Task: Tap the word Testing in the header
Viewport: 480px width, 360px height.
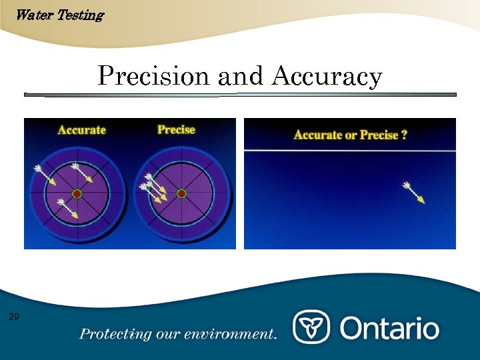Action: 81,15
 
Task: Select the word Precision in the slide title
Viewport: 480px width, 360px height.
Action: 153,76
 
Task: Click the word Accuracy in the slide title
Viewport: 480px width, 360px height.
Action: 327,77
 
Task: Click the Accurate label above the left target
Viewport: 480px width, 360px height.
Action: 81,129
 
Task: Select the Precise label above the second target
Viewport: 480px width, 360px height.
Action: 176,129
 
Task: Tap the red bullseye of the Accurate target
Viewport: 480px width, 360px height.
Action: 77,193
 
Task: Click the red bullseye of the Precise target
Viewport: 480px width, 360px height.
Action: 181,193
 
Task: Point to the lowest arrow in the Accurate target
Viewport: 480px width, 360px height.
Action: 68,208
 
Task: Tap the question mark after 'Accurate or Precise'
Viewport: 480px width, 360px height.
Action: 404,135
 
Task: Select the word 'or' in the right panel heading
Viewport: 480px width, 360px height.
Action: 351,135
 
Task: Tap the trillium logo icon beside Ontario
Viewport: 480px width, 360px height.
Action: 311,327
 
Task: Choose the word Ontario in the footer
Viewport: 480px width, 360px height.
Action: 390,328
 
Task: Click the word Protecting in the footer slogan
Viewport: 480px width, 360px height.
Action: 109,333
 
